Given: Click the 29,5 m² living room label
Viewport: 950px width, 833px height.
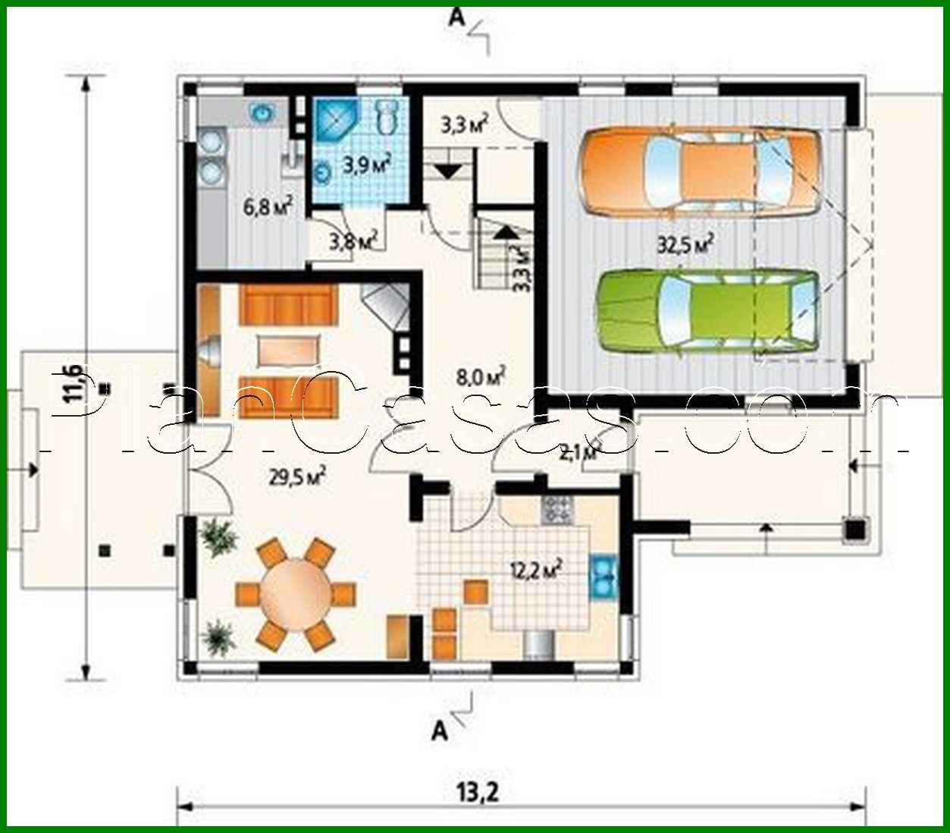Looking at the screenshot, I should (x=297, y=476).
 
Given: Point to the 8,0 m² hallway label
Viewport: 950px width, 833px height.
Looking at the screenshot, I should (x=481, y=375).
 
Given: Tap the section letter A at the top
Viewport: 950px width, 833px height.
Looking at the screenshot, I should (x=456, y=17).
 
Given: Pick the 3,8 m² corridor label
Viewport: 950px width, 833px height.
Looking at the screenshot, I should (x=353, y=242).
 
